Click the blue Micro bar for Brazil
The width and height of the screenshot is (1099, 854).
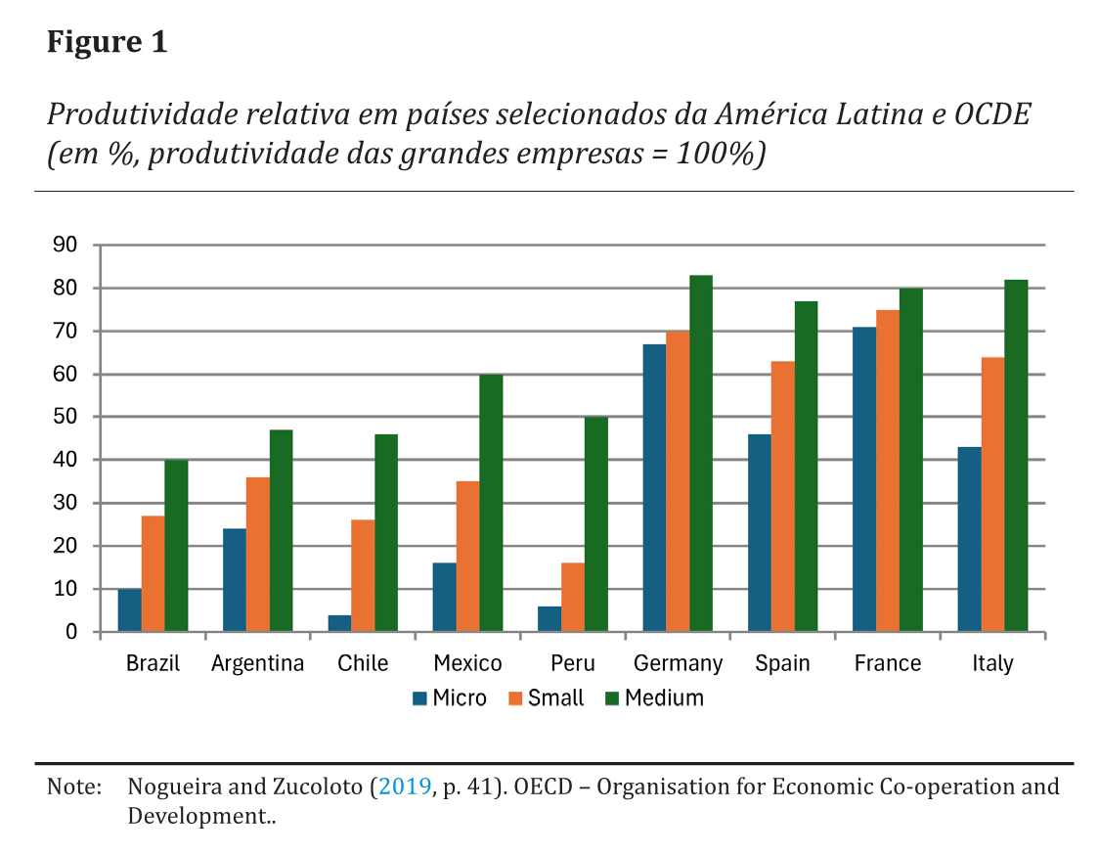point(129,610)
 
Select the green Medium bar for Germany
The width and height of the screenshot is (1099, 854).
point(701,454)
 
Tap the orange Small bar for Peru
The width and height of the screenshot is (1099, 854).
point(573,598)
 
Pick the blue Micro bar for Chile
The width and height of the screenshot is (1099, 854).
point(339,623)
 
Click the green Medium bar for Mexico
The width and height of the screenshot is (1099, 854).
point(491,503)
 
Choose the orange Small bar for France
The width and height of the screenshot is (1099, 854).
point(888,471)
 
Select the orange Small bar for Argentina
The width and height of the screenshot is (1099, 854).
point(258,555)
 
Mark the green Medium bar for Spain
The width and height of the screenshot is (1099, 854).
point(806,467)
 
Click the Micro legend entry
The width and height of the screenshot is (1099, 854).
point(449,698)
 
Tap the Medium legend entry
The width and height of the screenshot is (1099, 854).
point(653,698)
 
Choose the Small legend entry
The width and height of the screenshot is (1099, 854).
point(545,698)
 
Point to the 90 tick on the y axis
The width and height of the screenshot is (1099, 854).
point(65,246)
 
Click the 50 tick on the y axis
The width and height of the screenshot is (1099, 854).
point(65,418)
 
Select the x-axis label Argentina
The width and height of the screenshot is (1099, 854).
point(258,663)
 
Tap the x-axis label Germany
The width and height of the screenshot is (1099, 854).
point(678,663)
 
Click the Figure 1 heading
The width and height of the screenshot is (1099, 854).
point(108,43)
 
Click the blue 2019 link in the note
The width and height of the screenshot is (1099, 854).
point(404,787)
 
